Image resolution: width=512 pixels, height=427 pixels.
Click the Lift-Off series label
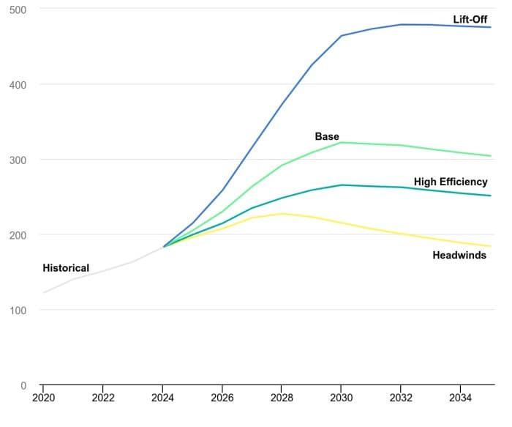pos(470,20)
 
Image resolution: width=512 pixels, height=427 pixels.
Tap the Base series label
pos(327,137)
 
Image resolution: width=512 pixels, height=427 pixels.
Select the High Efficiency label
pos(451,182)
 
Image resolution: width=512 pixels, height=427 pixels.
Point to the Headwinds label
pos(459,256)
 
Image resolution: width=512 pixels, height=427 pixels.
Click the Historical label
pos(66,268)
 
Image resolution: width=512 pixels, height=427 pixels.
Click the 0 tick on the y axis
pos(23,385)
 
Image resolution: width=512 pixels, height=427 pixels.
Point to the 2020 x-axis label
pos(43,398)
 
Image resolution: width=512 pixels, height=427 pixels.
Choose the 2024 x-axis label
pos(162,398)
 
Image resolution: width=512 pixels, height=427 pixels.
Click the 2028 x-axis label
pos(282,398)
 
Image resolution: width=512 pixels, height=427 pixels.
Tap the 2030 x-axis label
pos(341,398)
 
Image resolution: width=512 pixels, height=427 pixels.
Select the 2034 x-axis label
pos(460,398)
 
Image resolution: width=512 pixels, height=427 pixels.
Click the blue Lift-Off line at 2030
pos(341,35)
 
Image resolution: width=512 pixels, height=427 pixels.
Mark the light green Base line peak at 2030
pos(341,142)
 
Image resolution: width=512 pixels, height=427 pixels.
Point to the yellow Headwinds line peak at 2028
pos(282,214)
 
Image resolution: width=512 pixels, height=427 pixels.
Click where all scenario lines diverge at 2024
pos(163,247)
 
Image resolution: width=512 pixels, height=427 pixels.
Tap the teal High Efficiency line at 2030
pos(341,185)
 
